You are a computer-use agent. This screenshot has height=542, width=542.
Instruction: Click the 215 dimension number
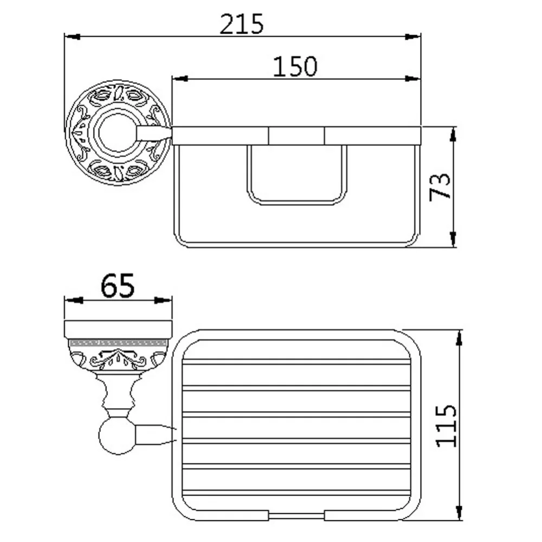coord(242,24)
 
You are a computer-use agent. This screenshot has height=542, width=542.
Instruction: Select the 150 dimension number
coord(295,66)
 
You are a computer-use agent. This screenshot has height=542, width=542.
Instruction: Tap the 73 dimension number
coord(440,187)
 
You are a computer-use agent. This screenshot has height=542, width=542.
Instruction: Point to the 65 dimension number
coord(118,286)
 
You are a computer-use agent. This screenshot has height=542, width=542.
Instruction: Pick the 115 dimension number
coord(446,426)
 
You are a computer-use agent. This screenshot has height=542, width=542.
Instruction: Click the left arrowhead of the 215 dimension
coord(73,37)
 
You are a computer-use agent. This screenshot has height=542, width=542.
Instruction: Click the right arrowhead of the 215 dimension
coord(412,37)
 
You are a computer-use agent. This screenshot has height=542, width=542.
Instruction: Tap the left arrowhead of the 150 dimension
coord(180,79)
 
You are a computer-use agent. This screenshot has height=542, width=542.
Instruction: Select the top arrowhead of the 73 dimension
coord(453,134)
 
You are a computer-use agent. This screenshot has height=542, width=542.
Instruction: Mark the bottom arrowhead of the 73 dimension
coord(453,239)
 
